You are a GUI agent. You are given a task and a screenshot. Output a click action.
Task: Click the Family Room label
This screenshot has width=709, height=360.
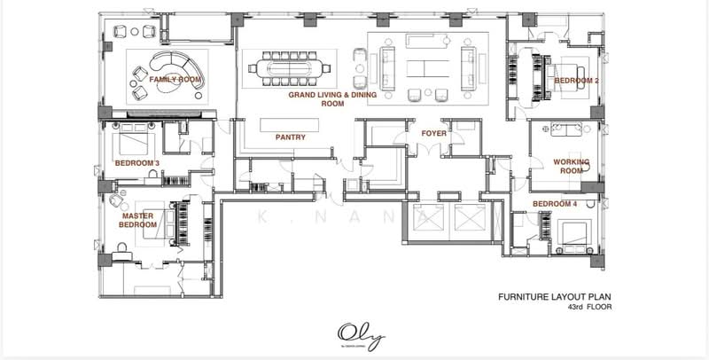pos(175,80)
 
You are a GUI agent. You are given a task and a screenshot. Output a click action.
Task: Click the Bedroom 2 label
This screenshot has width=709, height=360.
pos(577,81)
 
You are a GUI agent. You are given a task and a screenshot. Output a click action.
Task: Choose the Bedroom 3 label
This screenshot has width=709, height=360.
pos(136,162)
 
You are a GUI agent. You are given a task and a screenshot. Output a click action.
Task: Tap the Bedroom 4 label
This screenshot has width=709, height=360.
pos(555,205)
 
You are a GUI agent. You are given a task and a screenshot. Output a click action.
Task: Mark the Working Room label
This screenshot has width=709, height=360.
pos(571,166)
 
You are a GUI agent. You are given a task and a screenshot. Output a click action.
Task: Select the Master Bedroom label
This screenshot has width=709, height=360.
pos(138,220)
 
